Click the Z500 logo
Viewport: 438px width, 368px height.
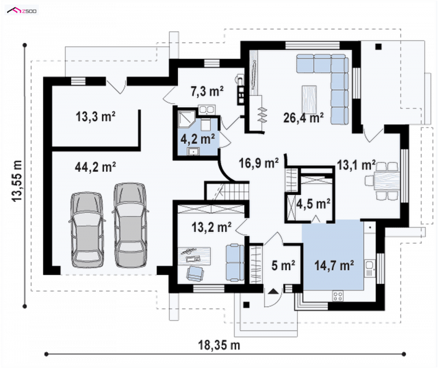point(22,10)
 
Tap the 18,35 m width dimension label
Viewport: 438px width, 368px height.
point(219,345)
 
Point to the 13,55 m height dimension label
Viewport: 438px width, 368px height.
point(17,181)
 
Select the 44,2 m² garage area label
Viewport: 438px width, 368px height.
point(95,167)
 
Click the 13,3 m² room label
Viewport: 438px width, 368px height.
point(95,116)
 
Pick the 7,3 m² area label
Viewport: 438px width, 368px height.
point(207,91)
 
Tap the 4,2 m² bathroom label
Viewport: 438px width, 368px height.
point(198,139)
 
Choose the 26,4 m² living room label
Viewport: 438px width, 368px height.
point(303,118)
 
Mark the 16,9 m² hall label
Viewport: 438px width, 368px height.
point(258,163)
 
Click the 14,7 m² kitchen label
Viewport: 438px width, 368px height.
point(335,265)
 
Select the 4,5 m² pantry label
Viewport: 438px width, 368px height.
point(313,204)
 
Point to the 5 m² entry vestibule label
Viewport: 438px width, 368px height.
point(283,265)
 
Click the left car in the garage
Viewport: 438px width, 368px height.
point(87,230)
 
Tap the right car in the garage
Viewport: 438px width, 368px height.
point(130,225)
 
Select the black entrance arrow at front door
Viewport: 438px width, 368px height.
point(273,291)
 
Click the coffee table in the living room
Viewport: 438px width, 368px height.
point(309,100)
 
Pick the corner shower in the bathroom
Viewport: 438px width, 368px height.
point(186,119)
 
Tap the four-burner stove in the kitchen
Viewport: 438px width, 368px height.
point(338,296)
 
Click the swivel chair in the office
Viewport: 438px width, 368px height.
point(194,273)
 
